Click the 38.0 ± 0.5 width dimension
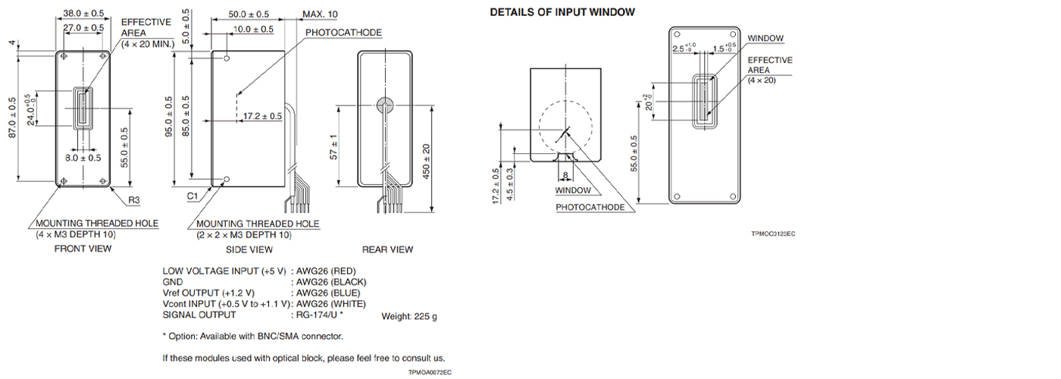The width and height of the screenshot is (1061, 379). pyautogui.click(x=83, y=14)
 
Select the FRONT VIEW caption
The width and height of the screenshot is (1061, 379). pyautogui.click(x=83, y=249)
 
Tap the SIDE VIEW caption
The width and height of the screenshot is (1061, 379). pyautogui.click(x=249, y=249)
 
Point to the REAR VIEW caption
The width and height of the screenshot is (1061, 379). pyautogui.click(x=387, y=249)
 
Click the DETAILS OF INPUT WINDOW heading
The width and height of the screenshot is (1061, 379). pyautogui.click(x=562, y=12)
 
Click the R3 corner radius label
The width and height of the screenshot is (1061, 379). pyautogui.click(x=133, y=201)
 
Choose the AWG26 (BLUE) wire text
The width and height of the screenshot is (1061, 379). pyautogui.click(x=328, y=293)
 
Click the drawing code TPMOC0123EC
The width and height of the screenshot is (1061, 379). pyautogui.click(x=772, y=233)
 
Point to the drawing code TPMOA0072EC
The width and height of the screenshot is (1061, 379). pyautogui.click(x=430, y=372)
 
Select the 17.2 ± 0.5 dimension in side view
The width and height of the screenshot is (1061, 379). pyautogui.click(x=262, y=116)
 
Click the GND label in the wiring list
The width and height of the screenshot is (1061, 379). pyautogui.click(x=173, y=282)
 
